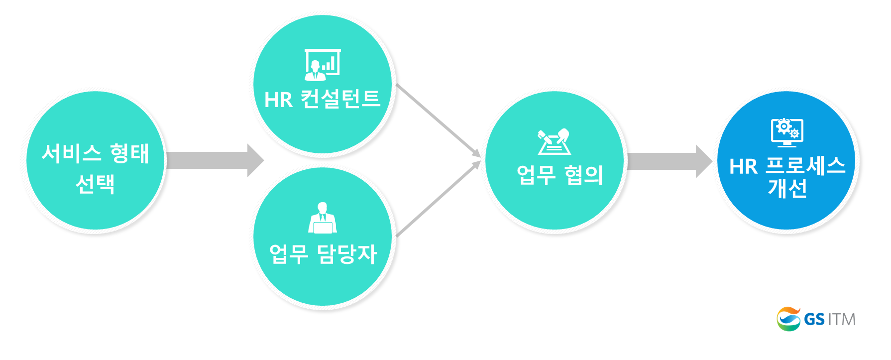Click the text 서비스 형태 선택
(x=95, y=168)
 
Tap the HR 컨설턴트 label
(x=323, y=99)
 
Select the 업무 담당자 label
(x=323, y=254)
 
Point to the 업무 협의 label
(x=559, y=175)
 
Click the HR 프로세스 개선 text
(x=787, y=177)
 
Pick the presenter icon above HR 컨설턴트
(x=323, y=65)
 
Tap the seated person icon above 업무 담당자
(x=323, y=218)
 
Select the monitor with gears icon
(x=787, y=132)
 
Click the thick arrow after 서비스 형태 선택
(x=215, y=160)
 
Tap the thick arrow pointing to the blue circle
(x=670, y=161)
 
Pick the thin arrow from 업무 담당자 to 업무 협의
(x=439, y=198)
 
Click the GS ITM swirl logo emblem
(x=788, y=319)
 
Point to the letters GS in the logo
(x=814, y=319)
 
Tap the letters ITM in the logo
(x=842, y=319)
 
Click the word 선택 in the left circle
(x=95, y=184)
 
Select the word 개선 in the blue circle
(x=787, y=188)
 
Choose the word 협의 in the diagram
(x=583, y=175)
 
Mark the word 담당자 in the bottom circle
(x=347, y=254)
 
